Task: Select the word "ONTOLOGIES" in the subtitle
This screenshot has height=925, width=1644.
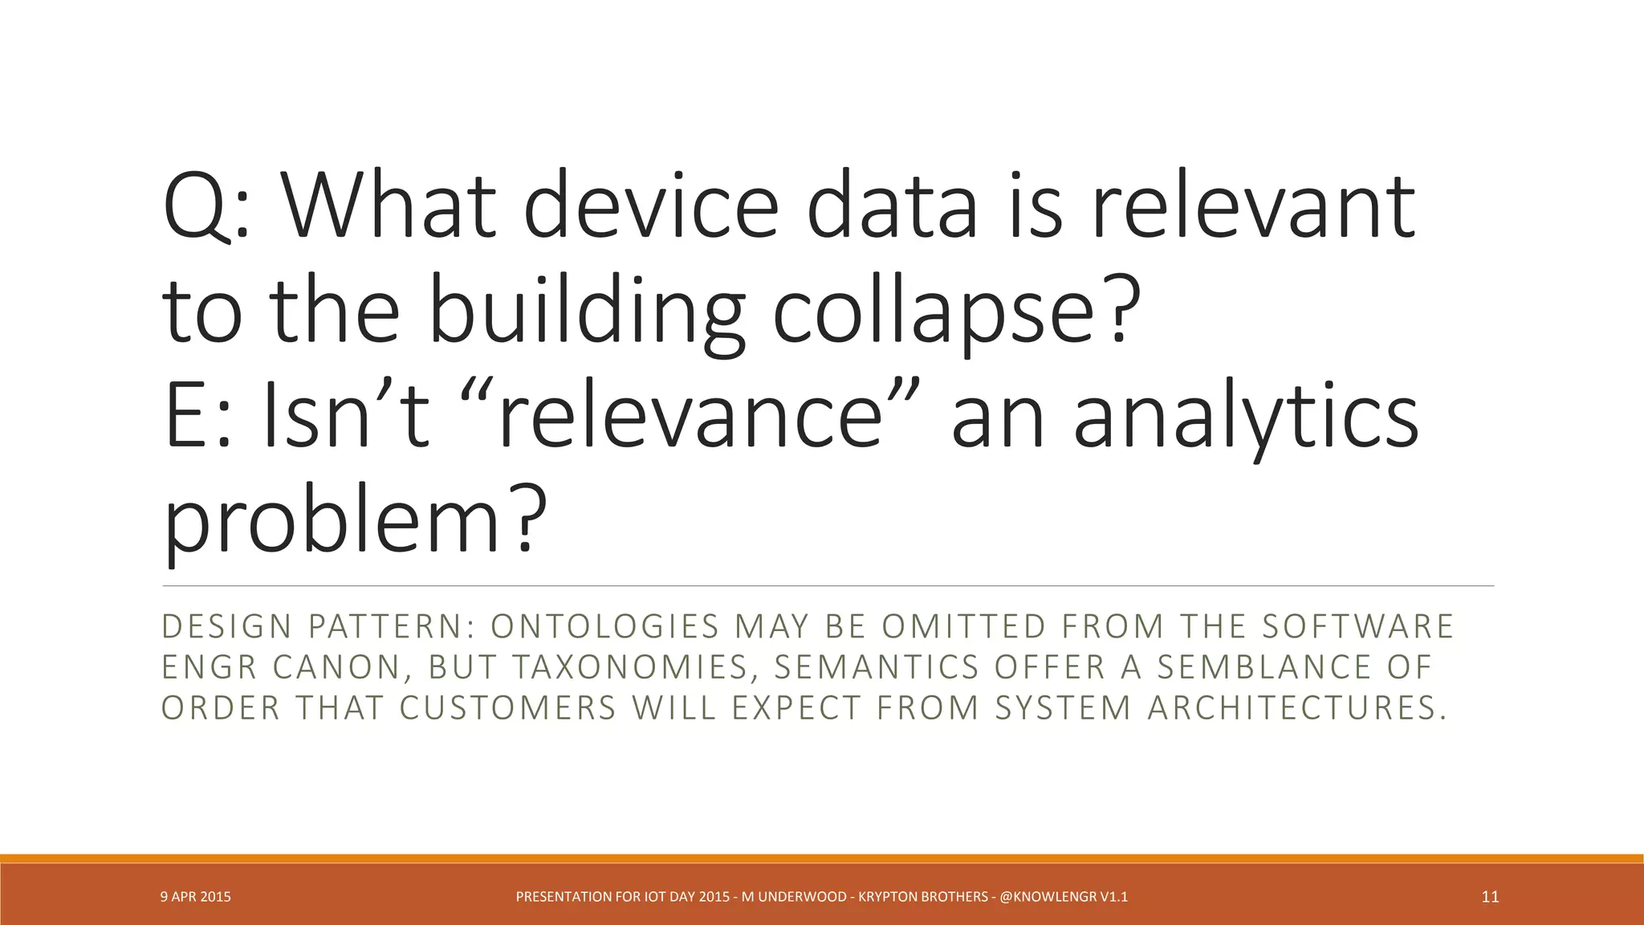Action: pos(604,627)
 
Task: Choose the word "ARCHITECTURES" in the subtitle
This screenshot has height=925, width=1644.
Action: pos(1296,709)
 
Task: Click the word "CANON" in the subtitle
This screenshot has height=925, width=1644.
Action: pos(336,668)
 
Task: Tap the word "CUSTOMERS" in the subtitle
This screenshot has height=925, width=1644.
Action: pos(508,709)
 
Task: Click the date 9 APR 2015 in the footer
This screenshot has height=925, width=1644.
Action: pos(195,897)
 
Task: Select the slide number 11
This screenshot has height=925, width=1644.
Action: pos(1490,897)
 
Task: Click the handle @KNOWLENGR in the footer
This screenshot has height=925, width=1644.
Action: pos(1048,897)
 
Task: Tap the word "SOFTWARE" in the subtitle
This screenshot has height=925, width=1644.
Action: pos(1357,627)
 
